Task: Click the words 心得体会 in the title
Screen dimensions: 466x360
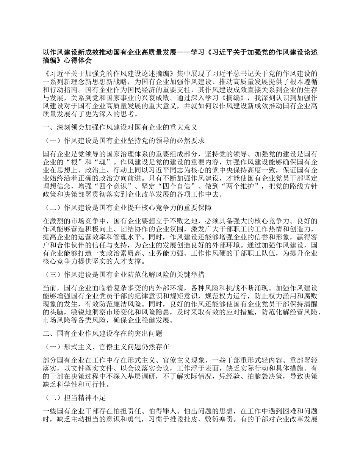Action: click(x=78, y=60)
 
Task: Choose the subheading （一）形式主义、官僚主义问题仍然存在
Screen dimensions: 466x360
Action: click(x=106, y=347)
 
